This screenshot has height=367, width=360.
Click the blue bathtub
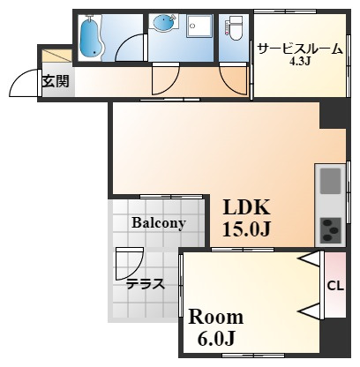tap(92, 37)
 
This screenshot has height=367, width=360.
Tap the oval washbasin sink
tap(163, 22)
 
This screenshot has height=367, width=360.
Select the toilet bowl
tap(236, 28)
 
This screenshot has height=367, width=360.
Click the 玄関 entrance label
tap(56, 81)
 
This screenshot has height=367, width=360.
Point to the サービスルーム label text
tap(300, 49)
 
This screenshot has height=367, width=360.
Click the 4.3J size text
tap(300, 61)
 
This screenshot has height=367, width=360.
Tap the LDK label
tap(246, 206)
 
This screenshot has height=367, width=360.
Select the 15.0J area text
tap(246, 228)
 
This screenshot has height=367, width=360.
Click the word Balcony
tap(159, 223)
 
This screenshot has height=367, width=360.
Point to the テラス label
tap(146, 284)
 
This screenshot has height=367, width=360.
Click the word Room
tap(216, 318)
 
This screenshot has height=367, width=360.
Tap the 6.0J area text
tap(216, 339)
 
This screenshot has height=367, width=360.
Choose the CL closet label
tap(335, 286)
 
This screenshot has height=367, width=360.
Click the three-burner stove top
tap(330, 230)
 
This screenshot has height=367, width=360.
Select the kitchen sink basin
tap(330, 181)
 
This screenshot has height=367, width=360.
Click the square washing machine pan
tap(199, 26)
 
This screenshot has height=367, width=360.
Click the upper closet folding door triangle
tap(310, 258)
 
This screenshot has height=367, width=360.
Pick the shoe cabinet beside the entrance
tap(57, 56)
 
